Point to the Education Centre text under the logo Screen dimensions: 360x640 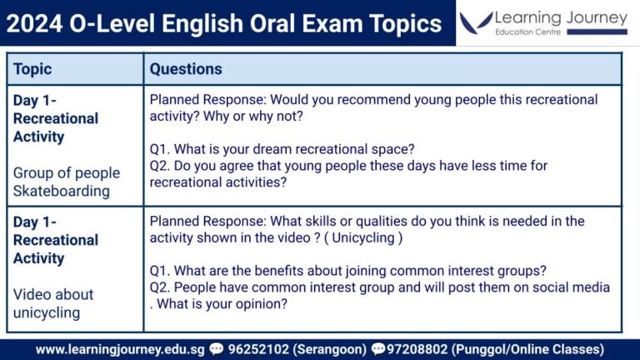[527, 32]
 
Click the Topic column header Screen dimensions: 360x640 [32, 69]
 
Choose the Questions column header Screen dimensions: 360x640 [186, 69]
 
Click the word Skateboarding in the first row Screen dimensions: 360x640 [62, 191]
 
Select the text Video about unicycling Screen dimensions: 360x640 [53, 303]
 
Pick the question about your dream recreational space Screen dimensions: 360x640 [282, 149]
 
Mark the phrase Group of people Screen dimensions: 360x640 [67, 172]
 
